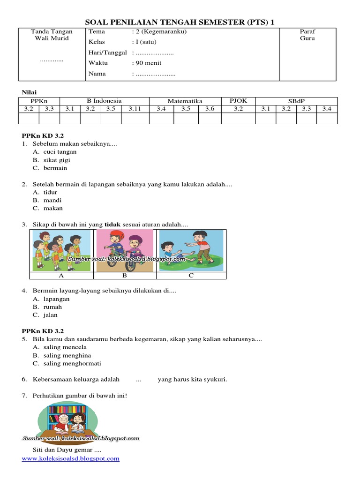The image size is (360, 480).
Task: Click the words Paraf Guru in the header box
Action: (307, 35)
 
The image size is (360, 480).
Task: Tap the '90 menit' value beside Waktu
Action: (149, 63)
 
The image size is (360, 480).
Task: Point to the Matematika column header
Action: (185, 101)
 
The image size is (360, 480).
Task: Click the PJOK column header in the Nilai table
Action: (238, 101)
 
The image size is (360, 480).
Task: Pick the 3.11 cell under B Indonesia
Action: (135, 109)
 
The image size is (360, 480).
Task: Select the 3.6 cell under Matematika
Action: (210, 109)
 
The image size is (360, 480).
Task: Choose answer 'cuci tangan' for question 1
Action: (60, 152)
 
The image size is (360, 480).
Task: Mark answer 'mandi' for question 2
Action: (52, 200)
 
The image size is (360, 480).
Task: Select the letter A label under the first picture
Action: (61, 276)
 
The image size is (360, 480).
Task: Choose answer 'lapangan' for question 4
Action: (56, 299)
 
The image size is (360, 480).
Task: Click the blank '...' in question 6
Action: (138, 380)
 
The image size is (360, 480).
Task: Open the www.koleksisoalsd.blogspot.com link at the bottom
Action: (71, 458)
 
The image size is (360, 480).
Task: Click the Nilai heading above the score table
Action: (30, 92)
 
